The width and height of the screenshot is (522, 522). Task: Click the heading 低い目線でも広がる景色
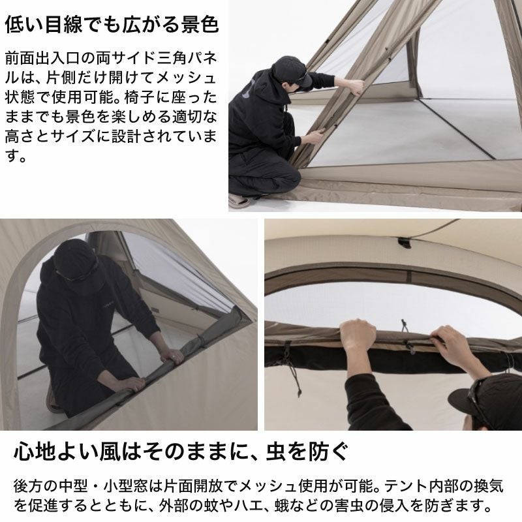(112, 24)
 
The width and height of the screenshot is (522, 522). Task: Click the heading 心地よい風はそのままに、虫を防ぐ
(181, 451)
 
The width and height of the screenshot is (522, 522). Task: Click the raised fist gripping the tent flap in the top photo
(354, 87)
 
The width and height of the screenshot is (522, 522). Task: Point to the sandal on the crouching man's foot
(239, 200)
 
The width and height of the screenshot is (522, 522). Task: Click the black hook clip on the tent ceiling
(405, 242)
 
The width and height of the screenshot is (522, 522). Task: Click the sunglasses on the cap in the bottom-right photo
(480, 399)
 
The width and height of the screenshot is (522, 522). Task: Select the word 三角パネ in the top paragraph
(187, 58)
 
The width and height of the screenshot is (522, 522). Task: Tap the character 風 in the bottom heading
(109, 451)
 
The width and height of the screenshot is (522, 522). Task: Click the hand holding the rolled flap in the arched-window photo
(172, 356)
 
